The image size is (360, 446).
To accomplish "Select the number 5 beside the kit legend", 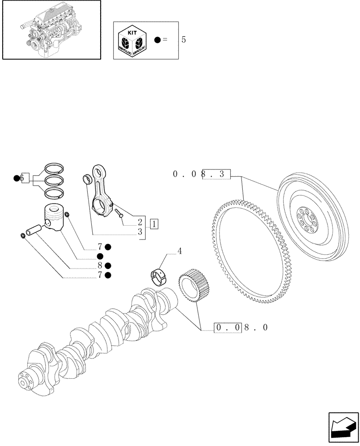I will click(x=183, y=40).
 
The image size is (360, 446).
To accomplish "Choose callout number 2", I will click(x=140, y=222).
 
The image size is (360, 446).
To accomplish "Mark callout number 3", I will click(x=140, y=231).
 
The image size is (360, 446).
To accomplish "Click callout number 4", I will click(x=180, y=252).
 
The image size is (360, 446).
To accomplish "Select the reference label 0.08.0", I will click(x=241, y=328).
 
